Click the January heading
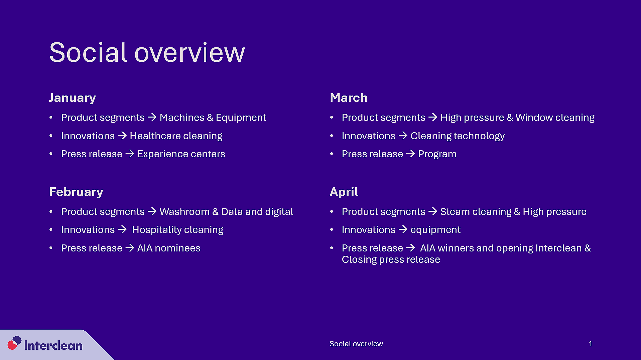point(72,98)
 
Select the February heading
point(76,192)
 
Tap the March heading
point(348,98)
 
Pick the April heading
point(344,192)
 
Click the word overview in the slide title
point(189,53)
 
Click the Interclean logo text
point(53,345)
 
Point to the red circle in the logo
point(12,345)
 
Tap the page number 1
point(590,344)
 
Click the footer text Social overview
point(356,344)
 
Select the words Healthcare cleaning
point(176,136)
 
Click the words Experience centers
point(181,154)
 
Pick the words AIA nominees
point(169,248)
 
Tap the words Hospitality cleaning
point(177,230)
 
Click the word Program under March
point(437,154)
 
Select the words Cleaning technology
point(457,136)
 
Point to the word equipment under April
point(435,230)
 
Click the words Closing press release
point(391,259)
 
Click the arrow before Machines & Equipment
point(152,117)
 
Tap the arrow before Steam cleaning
point(432,211)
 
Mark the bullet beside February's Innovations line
point(51,230)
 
